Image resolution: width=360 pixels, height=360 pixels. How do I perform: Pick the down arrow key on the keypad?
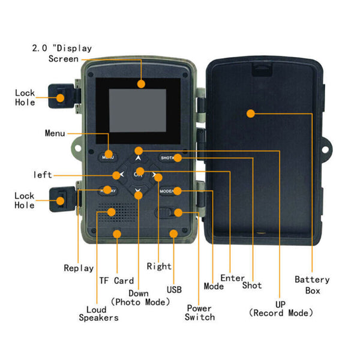[x=139, y=193]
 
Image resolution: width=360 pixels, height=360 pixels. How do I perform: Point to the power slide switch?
[x=169, y=213]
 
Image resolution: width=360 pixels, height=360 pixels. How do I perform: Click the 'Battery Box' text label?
[x=312, y=285]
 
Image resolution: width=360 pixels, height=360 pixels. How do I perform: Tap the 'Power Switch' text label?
[x=200, y=312]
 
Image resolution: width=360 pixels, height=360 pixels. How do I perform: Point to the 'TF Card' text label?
[x=116, y=280]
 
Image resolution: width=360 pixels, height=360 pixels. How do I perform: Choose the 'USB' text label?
[x=174, y=290]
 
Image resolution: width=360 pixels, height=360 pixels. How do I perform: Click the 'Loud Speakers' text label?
[x=98, y=313]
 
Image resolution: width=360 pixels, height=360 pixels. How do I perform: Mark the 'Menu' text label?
[x=55, y=133]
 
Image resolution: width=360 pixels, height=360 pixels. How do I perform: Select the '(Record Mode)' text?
[x=281, y=313]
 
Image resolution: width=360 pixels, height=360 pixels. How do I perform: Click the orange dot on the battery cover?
[x=250, y=112]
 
